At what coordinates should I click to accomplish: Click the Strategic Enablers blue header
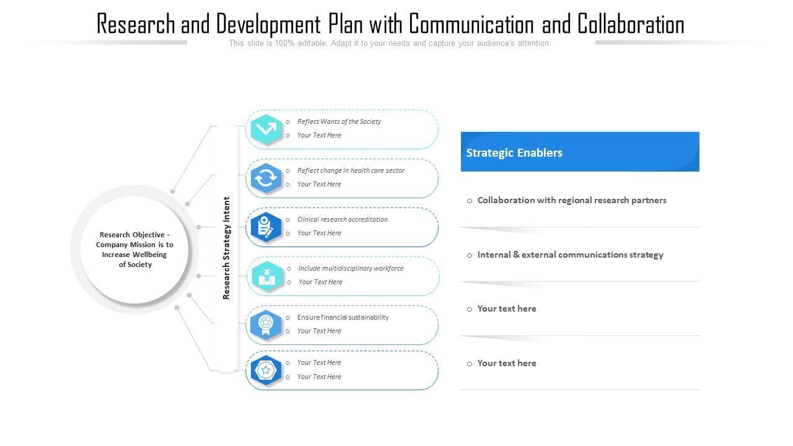[x=579, y=152]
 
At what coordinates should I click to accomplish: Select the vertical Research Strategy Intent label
[x=227, y=248]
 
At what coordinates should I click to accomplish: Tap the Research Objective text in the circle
[x=134, y=250]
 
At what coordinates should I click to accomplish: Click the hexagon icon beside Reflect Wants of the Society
[x=266, y=129]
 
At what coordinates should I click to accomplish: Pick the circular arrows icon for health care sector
[x=266, y=178]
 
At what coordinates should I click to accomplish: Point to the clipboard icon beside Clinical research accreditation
[x=266, y=227]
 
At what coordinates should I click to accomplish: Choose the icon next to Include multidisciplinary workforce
[x=267, y=276]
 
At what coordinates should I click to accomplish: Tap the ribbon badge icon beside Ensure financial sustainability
[x=266, y=325]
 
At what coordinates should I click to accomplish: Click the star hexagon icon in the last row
[x=266, y=370]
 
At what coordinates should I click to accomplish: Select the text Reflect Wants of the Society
[x=339, y=121]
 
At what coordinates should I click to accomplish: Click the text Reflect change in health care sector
[x=351, y=170]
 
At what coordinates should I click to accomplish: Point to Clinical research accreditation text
[x=342, y=219]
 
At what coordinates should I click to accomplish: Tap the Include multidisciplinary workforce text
[x=351, y=268]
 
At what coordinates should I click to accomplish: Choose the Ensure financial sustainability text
[x=343, y=317]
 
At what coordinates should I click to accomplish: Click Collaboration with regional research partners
[x=572, y=200]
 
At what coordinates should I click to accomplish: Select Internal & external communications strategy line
[x=570, y=255]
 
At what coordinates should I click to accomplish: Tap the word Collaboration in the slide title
[x=631, y=25]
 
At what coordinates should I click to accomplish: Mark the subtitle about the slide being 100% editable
[x=390, y=43]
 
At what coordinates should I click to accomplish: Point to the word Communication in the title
[x=471, y=25]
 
